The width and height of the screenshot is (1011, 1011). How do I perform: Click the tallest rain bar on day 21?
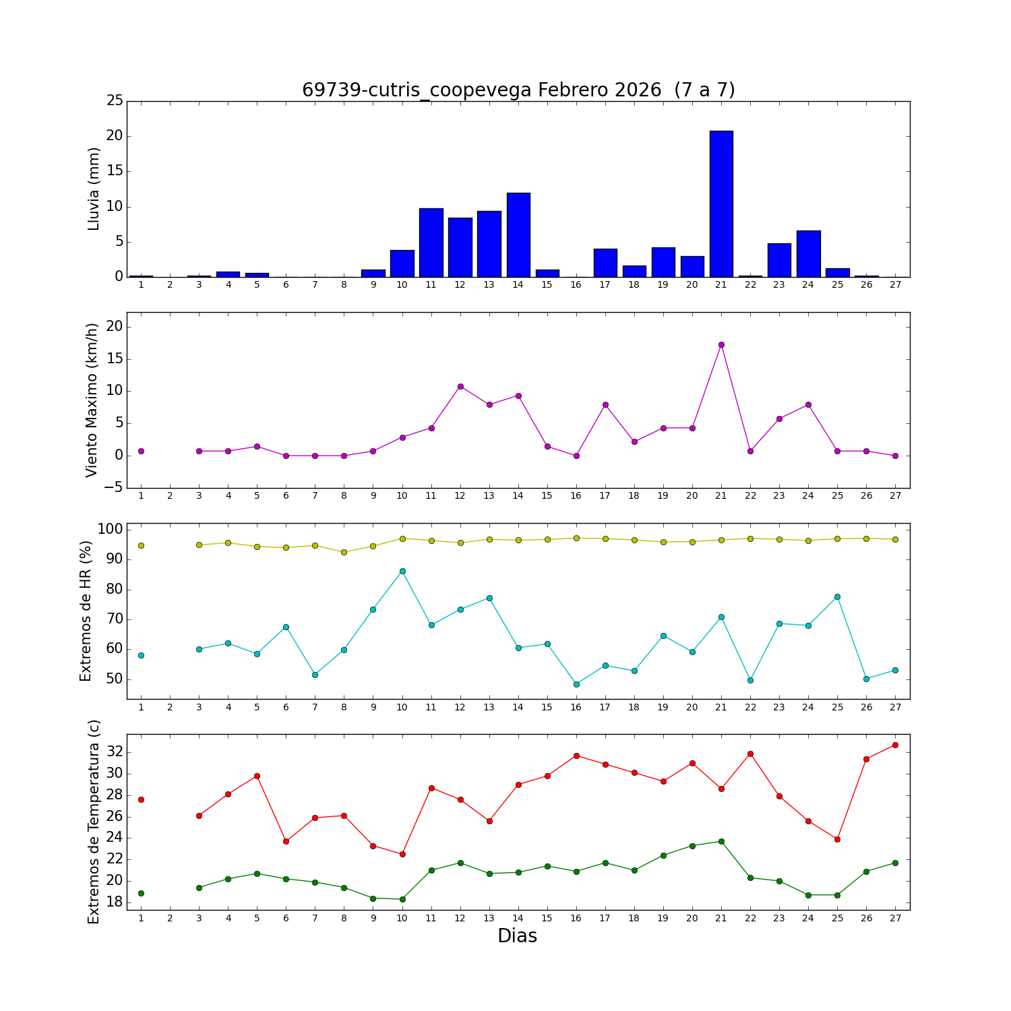[x=721, y=204]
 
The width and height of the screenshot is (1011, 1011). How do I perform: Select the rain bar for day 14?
[x=518, y=235]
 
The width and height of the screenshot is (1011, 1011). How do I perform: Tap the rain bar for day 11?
[x=431, y=243]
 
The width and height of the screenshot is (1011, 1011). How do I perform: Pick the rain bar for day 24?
[x=808, y=253]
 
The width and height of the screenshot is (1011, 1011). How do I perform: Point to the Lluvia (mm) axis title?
[x=94, y=189]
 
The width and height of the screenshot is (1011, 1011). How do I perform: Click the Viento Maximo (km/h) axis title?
[x=92, y=400]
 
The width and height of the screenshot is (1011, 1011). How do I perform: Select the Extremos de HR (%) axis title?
[x=86, y=611]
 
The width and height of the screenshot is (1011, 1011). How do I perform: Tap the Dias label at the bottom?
[x=517, y=936]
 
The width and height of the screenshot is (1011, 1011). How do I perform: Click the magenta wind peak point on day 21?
[x=721, y=344]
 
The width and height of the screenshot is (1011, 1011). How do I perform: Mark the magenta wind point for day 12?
[x=460, y=386]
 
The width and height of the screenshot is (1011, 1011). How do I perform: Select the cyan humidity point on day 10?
[x=402, y=571]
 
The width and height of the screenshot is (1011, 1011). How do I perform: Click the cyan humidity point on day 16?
[x=576, y=684]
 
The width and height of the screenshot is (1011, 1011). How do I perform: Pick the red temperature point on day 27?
[x=895, y=745]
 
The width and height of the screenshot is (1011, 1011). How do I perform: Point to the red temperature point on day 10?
[x=402, y=854]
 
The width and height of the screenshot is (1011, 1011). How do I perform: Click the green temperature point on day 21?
[x=721, y=841]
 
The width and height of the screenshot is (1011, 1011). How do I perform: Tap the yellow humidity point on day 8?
[x=344, y=552]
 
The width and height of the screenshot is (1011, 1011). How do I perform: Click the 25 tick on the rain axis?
[x=115, y=101]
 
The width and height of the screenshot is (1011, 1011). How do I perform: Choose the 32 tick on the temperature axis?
[x=115, y=752]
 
